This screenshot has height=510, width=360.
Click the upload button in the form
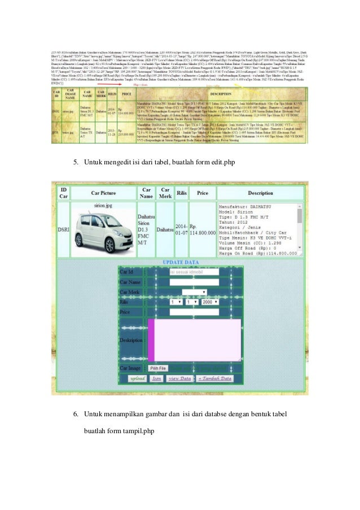[x=137, y=378]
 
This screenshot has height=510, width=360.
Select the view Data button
[x=180, y=378]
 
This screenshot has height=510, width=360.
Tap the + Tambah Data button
[x=214, y=378]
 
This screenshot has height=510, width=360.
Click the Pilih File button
[x=158, y=368]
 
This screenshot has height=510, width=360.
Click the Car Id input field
[x=194, y=272]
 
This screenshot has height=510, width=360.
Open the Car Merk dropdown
[x=194, y=292]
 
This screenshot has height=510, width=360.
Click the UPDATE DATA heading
[x=180, y=263]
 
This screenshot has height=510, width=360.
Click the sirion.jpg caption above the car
[x=104, y=207]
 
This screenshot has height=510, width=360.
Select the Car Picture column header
[x=103, y=193]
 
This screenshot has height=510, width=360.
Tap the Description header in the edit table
[x=260, y=193]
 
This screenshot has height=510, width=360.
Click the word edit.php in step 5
[x=223, y=163]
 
